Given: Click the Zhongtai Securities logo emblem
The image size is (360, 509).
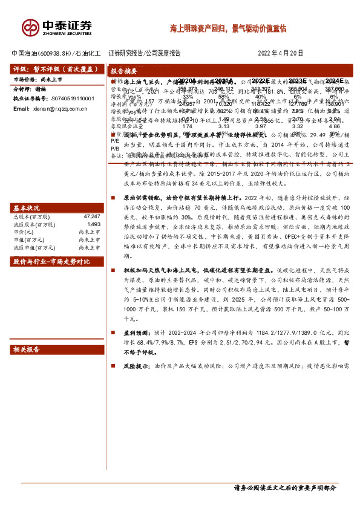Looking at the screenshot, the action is [30, 27].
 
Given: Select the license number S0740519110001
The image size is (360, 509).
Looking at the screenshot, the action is [68, 98].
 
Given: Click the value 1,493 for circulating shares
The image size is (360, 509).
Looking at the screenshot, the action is [93, 207].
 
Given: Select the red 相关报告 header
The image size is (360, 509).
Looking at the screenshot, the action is [28, 350].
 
